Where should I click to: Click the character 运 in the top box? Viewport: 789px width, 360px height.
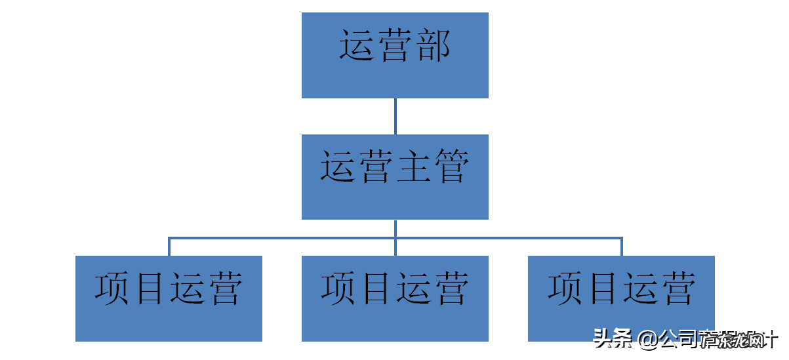tap(357, 47)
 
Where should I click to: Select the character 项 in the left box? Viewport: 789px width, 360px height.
tap(112, 289)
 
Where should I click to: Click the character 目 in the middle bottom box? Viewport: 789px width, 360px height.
tap(376, 289)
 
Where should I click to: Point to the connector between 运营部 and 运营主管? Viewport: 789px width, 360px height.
tap(395, 116)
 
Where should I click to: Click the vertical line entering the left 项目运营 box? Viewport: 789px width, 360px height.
tap(169, 247)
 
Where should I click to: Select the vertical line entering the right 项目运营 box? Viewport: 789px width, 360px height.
tap(621, 247)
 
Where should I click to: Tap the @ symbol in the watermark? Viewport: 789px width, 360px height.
tap(647, 340)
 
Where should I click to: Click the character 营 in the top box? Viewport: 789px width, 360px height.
tap(395, 47)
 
